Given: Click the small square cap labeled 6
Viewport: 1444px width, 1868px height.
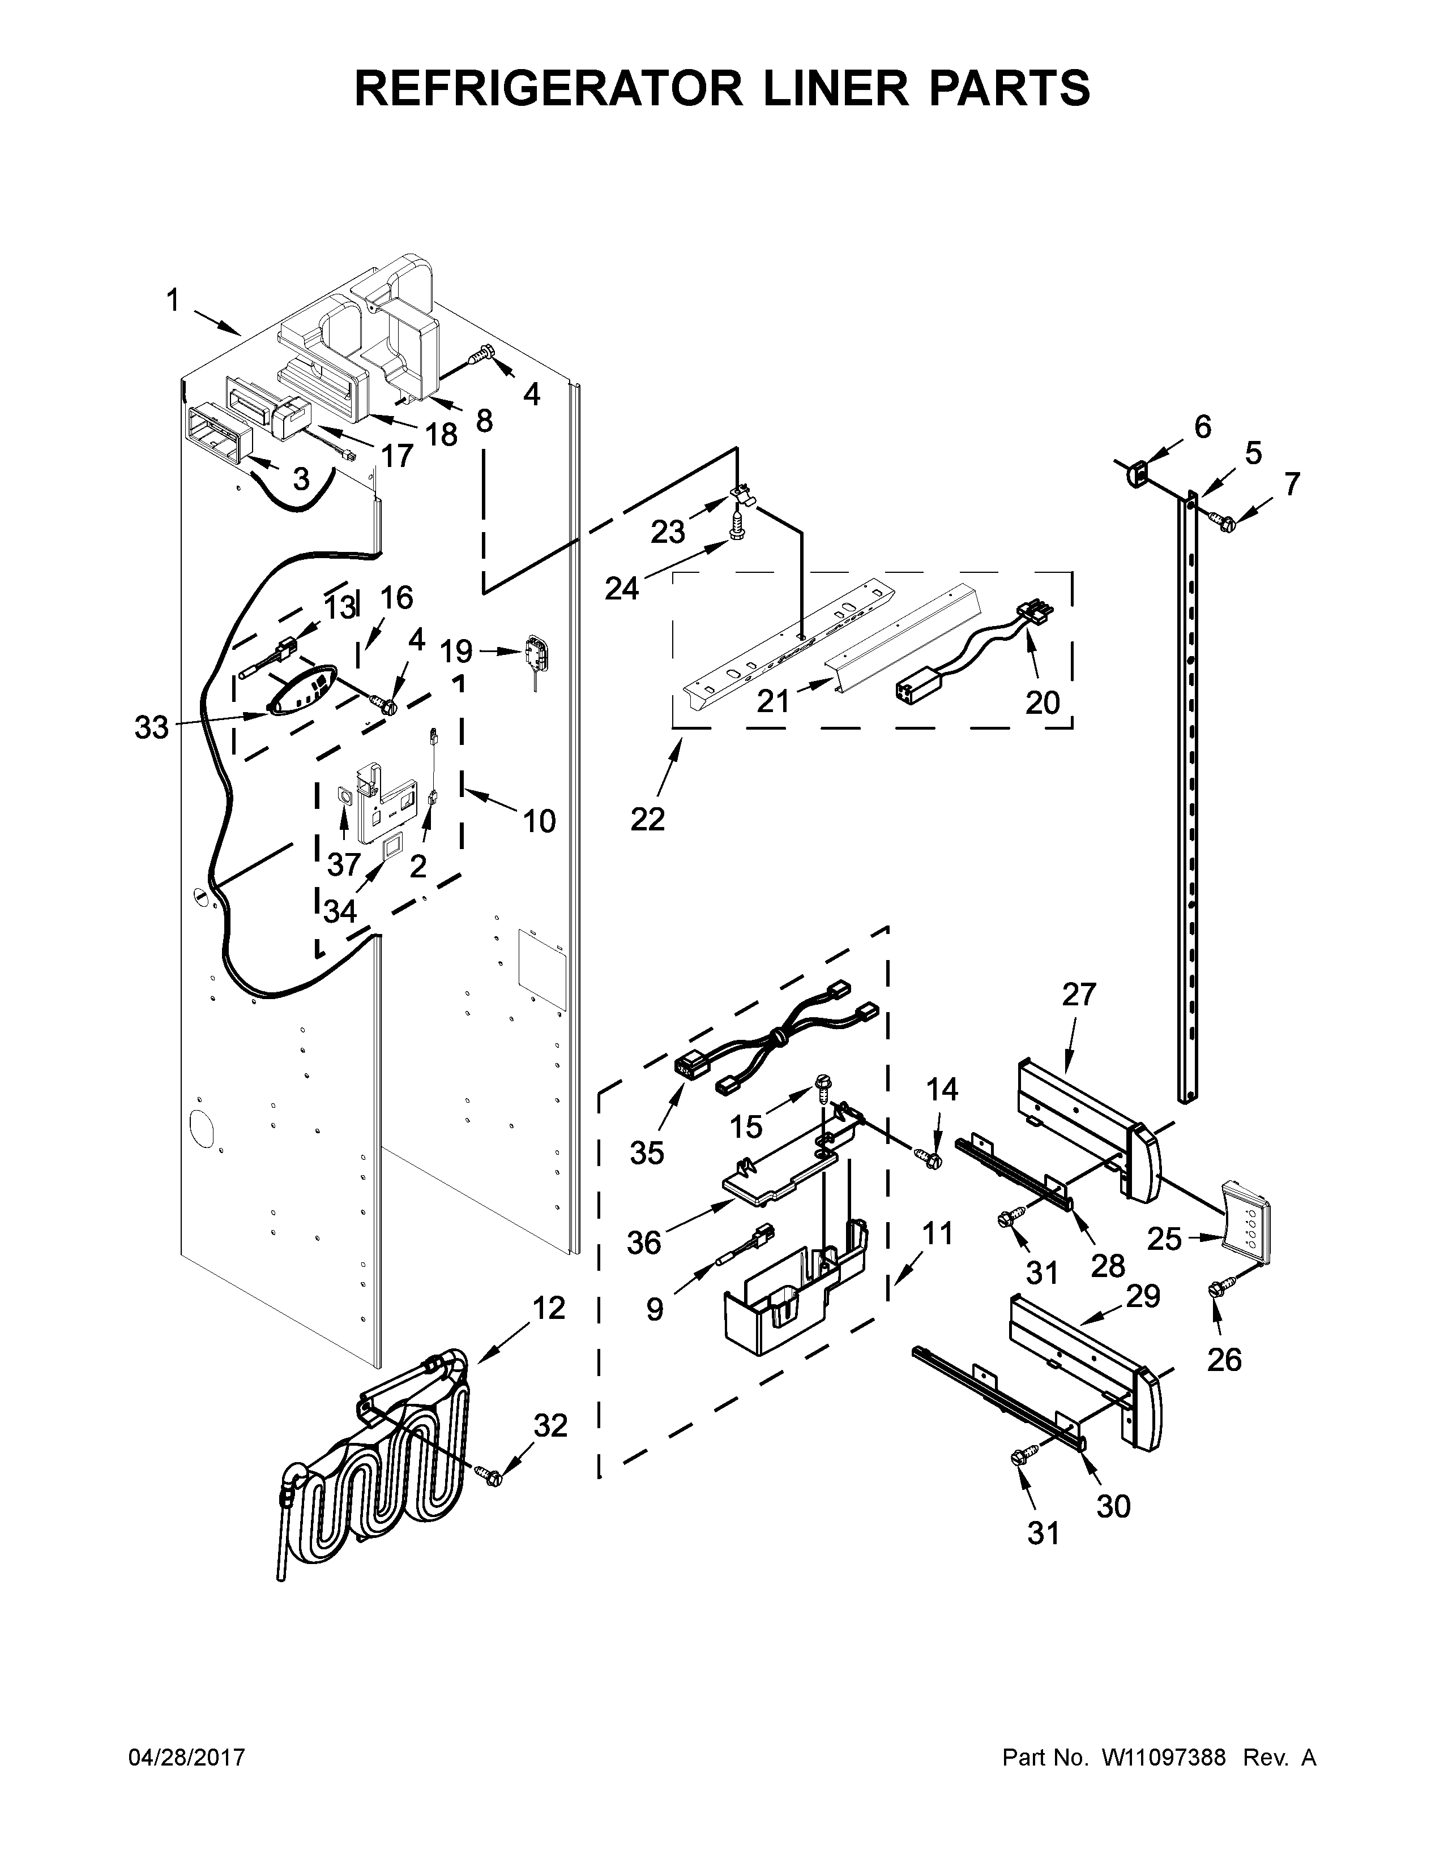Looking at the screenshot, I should (1138, 472).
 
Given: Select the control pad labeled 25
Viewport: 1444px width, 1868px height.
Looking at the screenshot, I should (1246, 1231).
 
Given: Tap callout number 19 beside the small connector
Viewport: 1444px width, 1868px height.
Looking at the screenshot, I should (456, 651).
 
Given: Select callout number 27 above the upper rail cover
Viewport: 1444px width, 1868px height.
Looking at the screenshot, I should (1079, 994).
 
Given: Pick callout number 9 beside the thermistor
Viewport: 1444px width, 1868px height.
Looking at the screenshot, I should (655, 1309).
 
